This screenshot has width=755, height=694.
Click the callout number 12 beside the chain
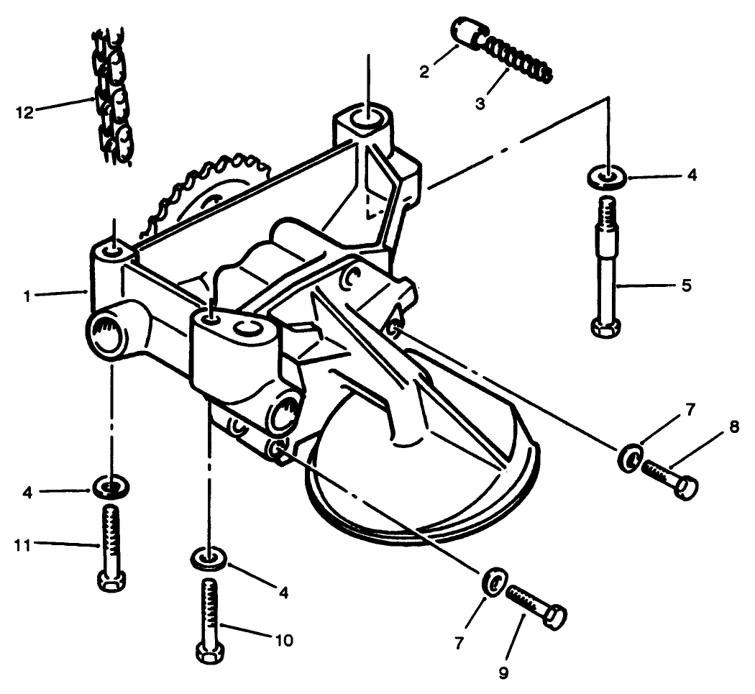pyautogui.click(x=24, y=113)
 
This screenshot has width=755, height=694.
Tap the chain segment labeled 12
pyautogui.click(x=113, y=97)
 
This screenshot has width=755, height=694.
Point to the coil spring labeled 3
pyautogui.click(x=516, y=58)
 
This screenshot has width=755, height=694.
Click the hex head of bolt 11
pyautogui.click(x=111, y=580)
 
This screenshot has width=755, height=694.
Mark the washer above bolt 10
pyautogui.click(x=208, y=557)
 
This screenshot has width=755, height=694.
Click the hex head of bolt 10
pyautogui.click(x=210, y=653)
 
